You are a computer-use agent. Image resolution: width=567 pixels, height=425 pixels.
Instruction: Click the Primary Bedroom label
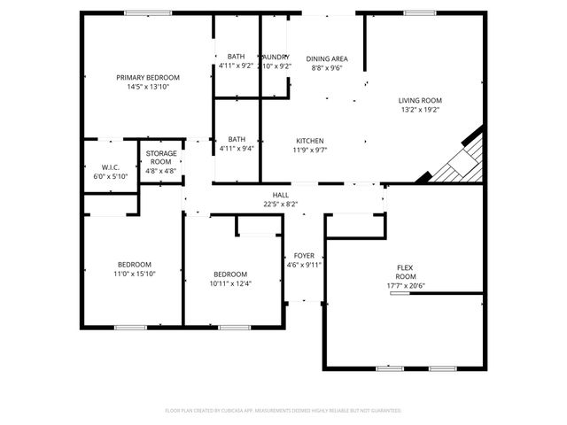point(148,78)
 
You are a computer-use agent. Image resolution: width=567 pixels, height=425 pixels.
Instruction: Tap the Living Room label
point(419,101)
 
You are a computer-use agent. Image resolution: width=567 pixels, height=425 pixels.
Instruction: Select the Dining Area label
point(327,58)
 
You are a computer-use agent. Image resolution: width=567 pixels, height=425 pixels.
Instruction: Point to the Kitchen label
point(309,141)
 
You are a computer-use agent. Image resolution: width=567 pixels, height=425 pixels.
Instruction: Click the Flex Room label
point(405,271)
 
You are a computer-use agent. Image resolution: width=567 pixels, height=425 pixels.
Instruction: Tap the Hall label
point(281,195)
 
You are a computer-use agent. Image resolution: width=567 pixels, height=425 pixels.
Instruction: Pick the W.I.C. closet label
point(111,167)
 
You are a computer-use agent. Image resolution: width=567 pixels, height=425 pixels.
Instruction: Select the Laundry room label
point(276,57)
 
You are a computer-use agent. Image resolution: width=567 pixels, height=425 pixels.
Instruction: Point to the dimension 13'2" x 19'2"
point(419,111)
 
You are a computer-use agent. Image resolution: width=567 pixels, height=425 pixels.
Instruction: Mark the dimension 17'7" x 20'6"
point(405,286)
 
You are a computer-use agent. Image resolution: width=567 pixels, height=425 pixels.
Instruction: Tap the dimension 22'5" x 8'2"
point(281,205)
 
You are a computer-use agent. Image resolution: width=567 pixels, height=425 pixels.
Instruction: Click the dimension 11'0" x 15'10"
point(135,274)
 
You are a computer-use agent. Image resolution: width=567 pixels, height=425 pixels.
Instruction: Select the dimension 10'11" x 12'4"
point(230,284)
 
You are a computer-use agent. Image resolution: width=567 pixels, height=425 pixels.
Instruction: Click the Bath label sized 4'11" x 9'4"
point(237,139)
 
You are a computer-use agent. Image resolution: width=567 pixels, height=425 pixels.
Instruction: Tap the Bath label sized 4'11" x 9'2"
point(237,57)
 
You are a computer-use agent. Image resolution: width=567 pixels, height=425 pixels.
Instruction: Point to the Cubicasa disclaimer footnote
point(283,411)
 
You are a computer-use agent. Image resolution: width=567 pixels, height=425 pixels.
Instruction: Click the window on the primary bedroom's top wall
point(148,12)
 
